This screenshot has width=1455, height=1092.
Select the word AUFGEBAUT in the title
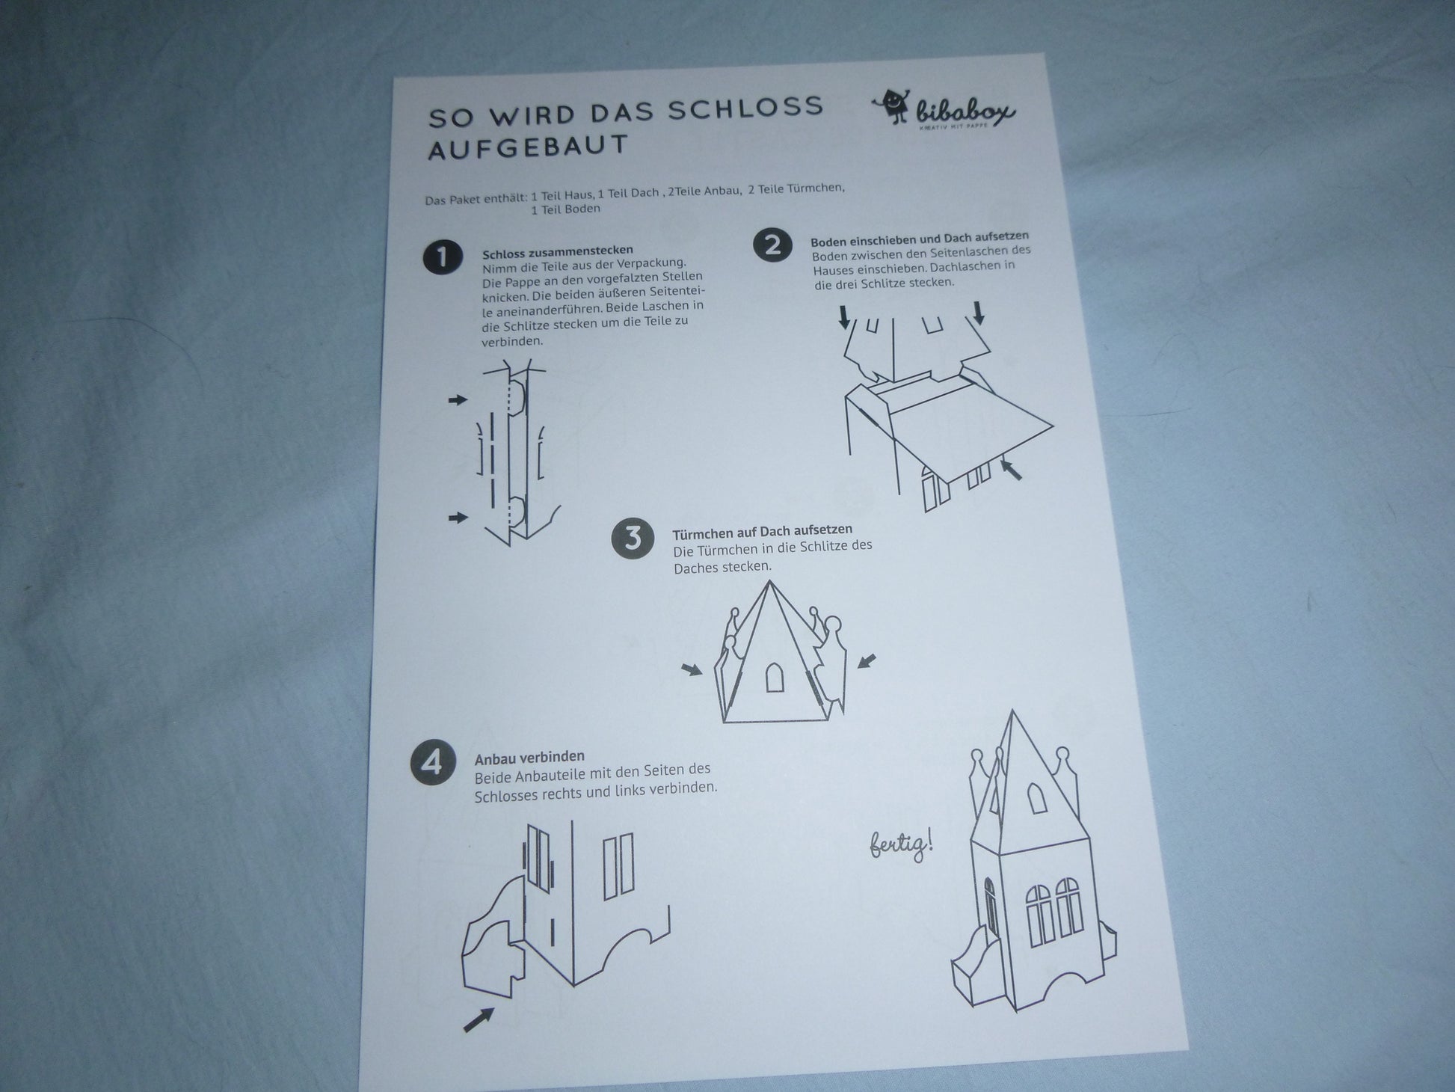tap(527, 147)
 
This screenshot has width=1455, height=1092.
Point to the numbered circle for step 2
tap(772, 245)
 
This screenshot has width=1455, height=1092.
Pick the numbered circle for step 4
tap(431, 763)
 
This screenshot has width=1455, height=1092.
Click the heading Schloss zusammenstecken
tap(558, 250)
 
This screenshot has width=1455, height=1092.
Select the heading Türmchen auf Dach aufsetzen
tap(762, 532)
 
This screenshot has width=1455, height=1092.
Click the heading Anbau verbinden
tap(529, 757)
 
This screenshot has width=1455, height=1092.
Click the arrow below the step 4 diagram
tap(479, 1019)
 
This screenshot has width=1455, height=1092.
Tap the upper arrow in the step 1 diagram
tap(458, 400)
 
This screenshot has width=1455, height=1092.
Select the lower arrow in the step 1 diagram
tap(458, 518)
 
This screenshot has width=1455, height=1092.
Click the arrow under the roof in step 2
tap(1012, 470)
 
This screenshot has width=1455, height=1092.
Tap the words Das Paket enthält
tap(476, 200)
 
